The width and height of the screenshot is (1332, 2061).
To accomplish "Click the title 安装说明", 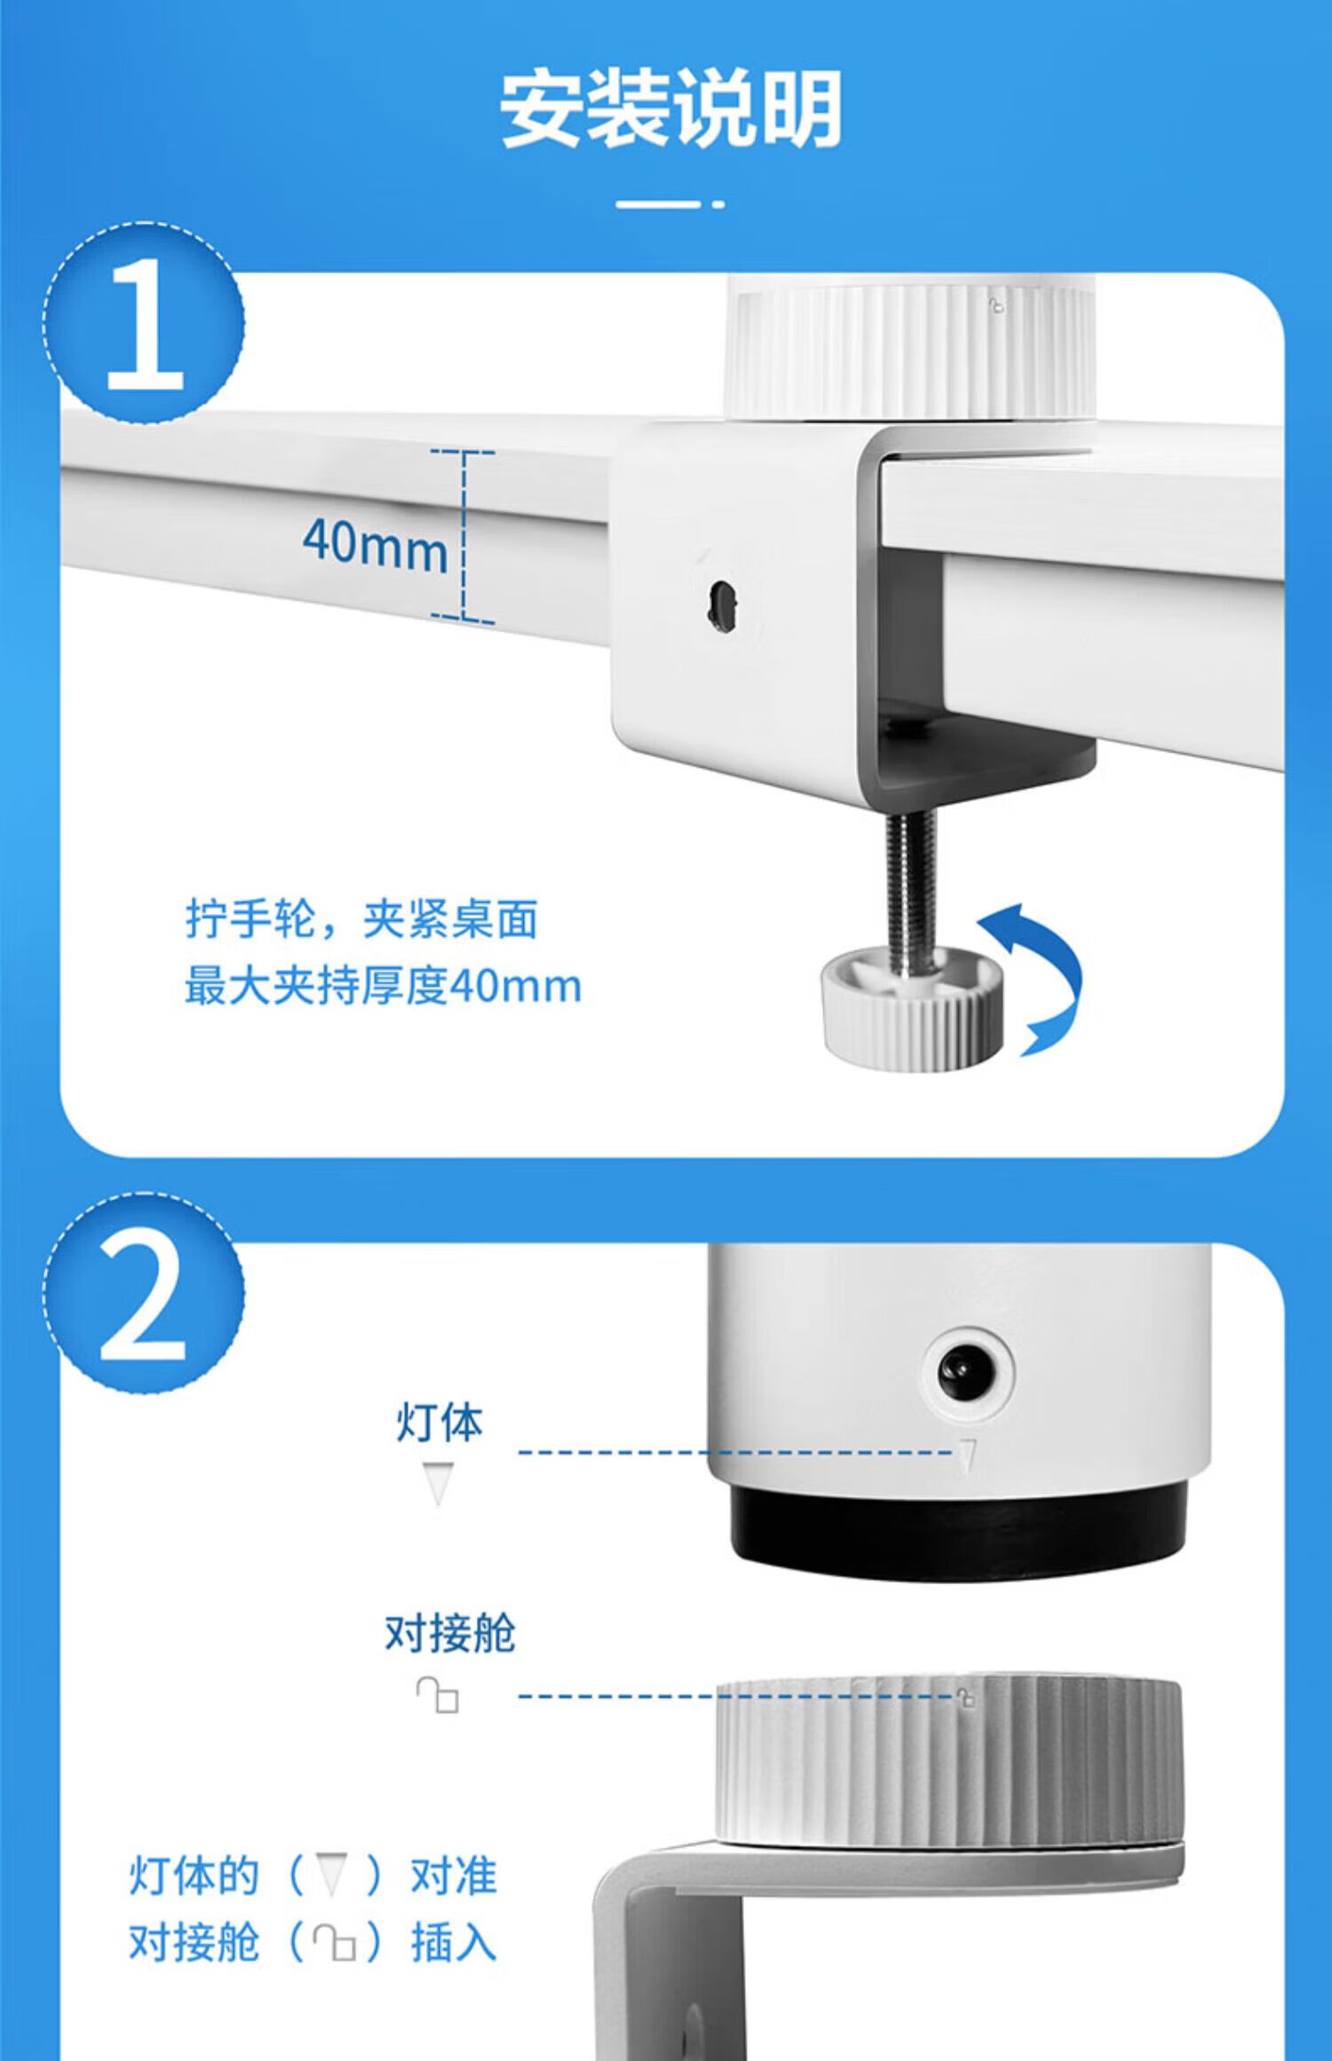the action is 670,109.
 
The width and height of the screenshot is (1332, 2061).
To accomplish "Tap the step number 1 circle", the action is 144,321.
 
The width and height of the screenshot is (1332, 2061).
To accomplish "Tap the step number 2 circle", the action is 144,1292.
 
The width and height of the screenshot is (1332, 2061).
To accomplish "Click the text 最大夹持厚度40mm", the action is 383,986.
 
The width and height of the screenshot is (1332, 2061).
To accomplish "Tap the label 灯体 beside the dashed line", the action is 440,1422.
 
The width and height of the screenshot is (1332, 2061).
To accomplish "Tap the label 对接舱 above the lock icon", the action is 449,1633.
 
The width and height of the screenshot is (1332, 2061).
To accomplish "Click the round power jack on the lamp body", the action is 966,1371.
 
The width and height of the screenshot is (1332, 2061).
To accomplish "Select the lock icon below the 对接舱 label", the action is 438,1694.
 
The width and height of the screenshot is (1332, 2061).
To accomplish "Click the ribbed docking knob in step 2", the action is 949,1761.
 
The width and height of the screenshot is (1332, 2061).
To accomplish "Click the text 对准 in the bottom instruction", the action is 453,1876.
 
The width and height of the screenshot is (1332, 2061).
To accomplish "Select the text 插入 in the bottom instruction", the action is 453,1943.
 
